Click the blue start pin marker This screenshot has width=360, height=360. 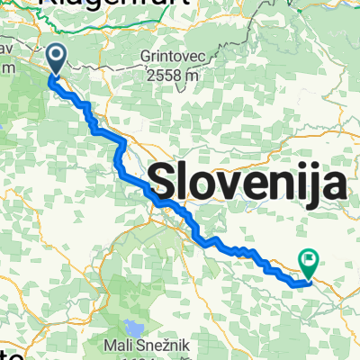tap(55, 60)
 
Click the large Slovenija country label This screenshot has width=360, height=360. tap(249, 185)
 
